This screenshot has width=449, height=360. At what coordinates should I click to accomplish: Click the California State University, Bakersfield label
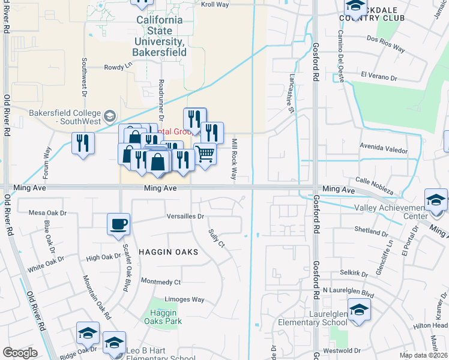tap(160, 36)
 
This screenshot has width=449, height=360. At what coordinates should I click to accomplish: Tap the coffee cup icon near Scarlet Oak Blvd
tap(118, 224)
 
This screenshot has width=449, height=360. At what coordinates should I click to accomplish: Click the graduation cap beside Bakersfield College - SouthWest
tap(110, 115)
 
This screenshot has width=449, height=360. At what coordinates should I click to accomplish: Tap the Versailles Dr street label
tap(185, 217)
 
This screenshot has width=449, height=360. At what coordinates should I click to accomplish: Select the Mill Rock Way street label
tap(234, 158)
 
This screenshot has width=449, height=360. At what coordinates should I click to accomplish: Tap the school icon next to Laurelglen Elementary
tap(359, 310)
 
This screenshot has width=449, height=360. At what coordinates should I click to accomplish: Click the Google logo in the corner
tap(20, 353)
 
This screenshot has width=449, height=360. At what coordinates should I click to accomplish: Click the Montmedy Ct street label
tap(160, 281)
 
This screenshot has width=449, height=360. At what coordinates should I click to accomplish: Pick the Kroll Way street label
tap(215, 4)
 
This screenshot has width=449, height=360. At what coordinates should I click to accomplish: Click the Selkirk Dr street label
tap(354, 274)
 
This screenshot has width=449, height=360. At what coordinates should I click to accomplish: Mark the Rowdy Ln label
tap(118, 68)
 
